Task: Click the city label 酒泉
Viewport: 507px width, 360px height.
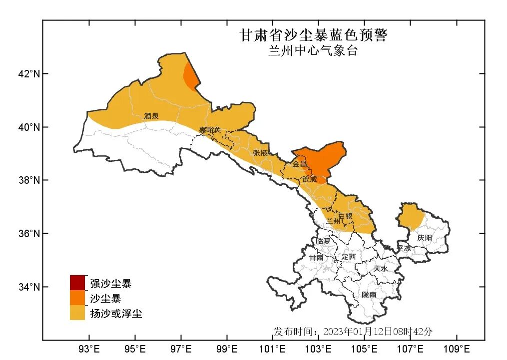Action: pos(151,116)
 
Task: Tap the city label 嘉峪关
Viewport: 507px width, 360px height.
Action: pos(210,130)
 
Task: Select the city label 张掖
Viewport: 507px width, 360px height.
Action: pos(261,153)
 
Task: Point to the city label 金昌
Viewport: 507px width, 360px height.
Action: pos(300,164)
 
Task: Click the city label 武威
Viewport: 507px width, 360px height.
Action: pos(309,179)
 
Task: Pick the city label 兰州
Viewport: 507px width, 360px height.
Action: pos(333,221)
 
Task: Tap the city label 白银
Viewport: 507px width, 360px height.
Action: pos(346,216)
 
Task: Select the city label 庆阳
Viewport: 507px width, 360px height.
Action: pos(425,238)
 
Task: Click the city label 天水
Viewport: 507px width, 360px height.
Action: pos(380,269)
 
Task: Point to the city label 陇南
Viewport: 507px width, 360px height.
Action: pos(369,295)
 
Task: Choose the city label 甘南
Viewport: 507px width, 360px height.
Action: pos(316,258)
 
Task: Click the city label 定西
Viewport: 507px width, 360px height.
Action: pos(348,257)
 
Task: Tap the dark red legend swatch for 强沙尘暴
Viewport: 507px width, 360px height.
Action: pos(77,283)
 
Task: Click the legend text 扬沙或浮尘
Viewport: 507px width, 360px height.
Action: pos(116,314)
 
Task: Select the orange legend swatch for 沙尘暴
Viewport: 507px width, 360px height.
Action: pos(77,298)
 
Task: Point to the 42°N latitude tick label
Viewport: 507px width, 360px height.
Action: pos(29,74)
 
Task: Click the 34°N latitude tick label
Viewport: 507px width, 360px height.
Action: pos(29,287)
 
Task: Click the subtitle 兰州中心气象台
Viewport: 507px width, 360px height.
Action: pos(313,51)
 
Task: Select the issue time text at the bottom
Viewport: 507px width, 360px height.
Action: pos(353,332)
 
